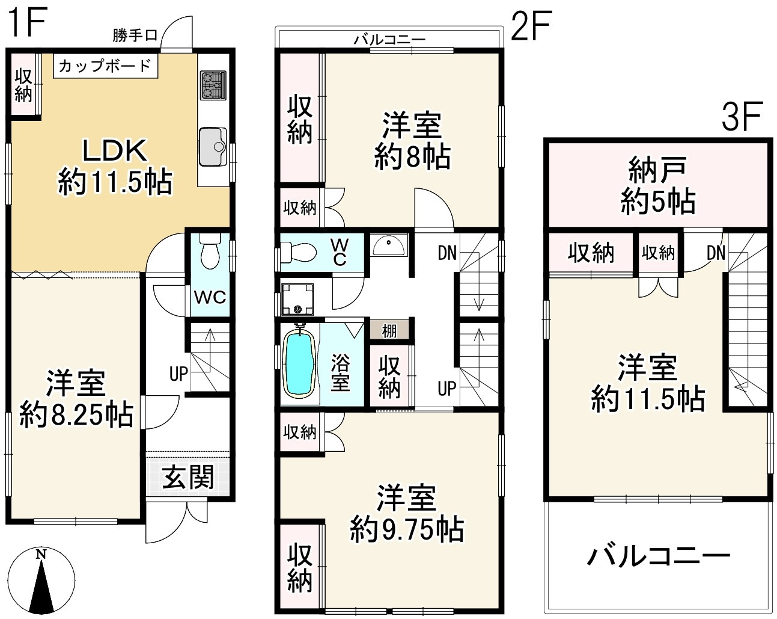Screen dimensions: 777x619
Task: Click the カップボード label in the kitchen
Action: (x=105, y=66)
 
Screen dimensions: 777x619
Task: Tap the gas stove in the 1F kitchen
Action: (x=213, y=85)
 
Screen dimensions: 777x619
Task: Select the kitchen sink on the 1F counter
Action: (x=213, y=146)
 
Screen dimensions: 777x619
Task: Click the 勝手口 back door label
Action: (x=135, y=35)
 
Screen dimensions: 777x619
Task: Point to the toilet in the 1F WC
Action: (x=210, y=251)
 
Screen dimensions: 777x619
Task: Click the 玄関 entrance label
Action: (x=188, y=477)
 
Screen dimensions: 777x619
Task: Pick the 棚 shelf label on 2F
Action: (x=389, y=331)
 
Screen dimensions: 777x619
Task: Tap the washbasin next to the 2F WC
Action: (x=388, y=245)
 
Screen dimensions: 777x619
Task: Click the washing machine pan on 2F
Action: (x=297, y=300)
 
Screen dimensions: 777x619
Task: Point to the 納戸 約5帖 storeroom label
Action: (x=657, y=186)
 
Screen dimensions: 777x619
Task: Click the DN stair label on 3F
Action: (x=716, y=253)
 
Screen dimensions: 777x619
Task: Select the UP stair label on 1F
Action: (x=178, y=374)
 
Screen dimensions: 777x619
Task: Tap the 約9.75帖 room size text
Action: (x=407, y=530)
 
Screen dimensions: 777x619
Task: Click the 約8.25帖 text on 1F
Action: (x=76, y=415)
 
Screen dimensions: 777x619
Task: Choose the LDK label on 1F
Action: (x=115, y=150)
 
